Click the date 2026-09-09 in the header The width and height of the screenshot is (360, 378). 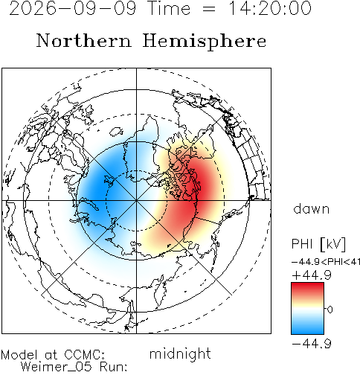coord(73,8)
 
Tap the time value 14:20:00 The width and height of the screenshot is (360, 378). coord(270,8)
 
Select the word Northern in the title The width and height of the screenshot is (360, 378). coord(84,41)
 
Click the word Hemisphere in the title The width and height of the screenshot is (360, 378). coord(205,41)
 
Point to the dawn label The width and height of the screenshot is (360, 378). coord(312,209)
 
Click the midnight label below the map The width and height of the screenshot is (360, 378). coord(180,354)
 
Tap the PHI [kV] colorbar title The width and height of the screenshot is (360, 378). coord(318,244)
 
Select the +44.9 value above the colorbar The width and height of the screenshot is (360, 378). coord(312,275)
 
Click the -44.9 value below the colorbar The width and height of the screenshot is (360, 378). coord(312,344)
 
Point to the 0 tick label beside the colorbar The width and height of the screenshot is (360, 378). coord(330,310)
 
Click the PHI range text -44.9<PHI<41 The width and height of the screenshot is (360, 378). coord(326,262)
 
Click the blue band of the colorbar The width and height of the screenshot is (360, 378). coord(307,327)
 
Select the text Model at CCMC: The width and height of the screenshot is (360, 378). coord(53,355)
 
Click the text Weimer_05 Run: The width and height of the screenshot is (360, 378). coord(74,367)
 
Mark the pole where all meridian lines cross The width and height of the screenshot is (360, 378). coord(136,200)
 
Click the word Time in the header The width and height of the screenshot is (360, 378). coord(170,8)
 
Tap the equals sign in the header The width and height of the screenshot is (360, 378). coord(209,9)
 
